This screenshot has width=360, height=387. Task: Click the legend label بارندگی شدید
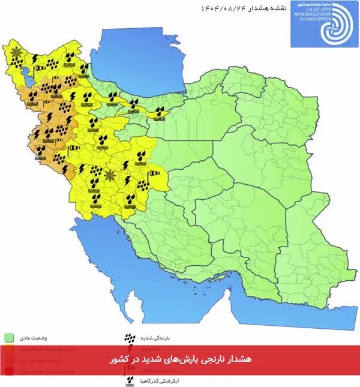pos(158,337)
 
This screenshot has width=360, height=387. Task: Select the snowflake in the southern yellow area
pos(109,175)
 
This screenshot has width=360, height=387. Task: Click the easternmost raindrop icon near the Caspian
pos(160,111)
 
